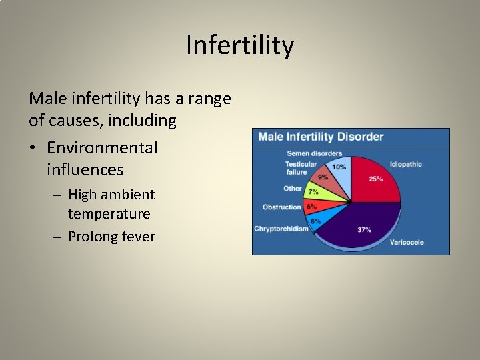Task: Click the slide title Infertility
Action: tap(240, 46)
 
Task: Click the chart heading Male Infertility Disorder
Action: tap(321, 137)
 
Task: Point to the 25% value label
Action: tap(376, 179)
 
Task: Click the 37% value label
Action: tap(365, 230)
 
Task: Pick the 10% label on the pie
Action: tap(339, 167)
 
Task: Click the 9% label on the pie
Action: tap(323, 177)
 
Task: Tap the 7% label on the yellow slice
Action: tap(313, 193)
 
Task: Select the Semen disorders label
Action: tap(314, 154)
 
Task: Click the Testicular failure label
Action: tap(301, 168)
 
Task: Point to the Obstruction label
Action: tap(282, 207)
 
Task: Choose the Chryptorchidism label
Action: tap(281, 229)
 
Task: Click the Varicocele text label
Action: tap(407, 242)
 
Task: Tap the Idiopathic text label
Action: tap(406, 164)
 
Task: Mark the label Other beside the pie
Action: tap(293, 189)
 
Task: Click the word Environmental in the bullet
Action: tap(102, 147)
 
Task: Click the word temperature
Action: tap(109, 214)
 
